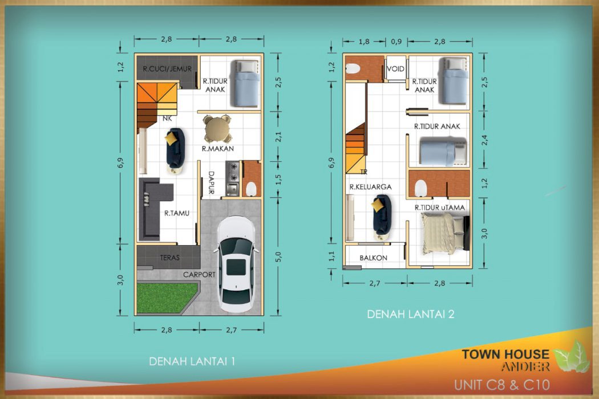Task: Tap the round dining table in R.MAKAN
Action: click(x=217, y=129)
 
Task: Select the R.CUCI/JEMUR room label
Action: click(x=167, y=69)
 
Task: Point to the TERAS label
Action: click(x=169, y=258)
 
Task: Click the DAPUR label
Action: click(x=211, y=182)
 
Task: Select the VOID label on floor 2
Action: click(x=395, y=69)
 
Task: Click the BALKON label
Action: click(x=373, y=258)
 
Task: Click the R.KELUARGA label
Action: click(x=371, y=187)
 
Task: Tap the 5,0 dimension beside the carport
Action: click(x=278, y=256)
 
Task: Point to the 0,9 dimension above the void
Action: click(x=396, y=42)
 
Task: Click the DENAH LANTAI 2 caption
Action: click(x=411, y=314)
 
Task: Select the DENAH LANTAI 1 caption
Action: click(x=192, y=361)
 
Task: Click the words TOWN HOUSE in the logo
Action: click(x=505, y=354)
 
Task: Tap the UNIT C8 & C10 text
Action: click(x=502, y=385)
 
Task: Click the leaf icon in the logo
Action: click(x=572, y=357)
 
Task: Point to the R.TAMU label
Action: click(x=177, y=213)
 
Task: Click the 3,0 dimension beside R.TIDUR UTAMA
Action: click(x=484, y=233)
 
